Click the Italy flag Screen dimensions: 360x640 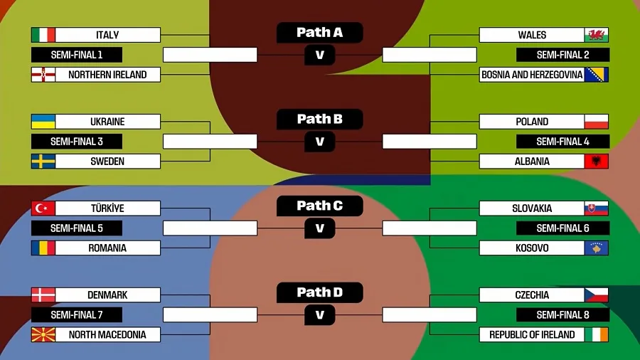pyautogui.click(x=43, y=35)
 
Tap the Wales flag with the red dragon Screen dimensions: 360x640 pyautogui.click(x=597, y=35)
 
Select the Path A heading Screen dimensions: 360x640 pyautogui.click(x=319, y=32)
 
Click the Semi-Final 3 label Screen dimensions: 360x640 pyautogui.click(x=77, y=142)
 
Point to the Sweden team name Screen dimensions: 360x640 pyautogui.click(x=107, y=162)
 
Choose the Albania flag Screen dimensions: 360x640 pyautogui.click(x=597, y=162)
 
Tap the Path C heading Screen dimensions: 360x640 pyautogui.click(x=319, y=206)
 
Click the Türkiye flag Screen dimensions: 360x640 pyautogui.click(x=43, y=208)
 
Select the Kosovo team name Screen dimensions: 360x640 pyautogui.click(x=532, y=248)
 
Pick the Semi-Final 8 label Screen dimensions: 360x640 pyautogui.click(x=562, y=315)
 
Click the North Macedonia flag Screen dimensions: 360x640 pyautogui.click(x=43, y=334)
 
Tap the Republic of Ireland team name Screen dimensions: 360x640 pyautogui.click(x=532, y=334)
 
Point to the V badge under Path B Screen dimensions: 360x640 pyautogui.click(x=319, y=142)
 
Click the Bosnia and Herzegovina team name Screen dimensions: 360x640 pyautogui.click(x=532, y=75)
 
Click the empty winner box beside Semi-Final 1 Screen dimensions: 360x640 pyautogui.click(x=210, y=55)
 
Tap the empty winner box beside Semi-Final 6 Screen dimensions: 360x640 pyautogui.click(x=430, y=228)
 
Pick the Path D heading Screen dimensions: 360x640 pyautogui.click(x=319, y=292)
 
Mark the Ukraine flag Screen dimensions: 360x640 pyautogui.click(x=43, y=122)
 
